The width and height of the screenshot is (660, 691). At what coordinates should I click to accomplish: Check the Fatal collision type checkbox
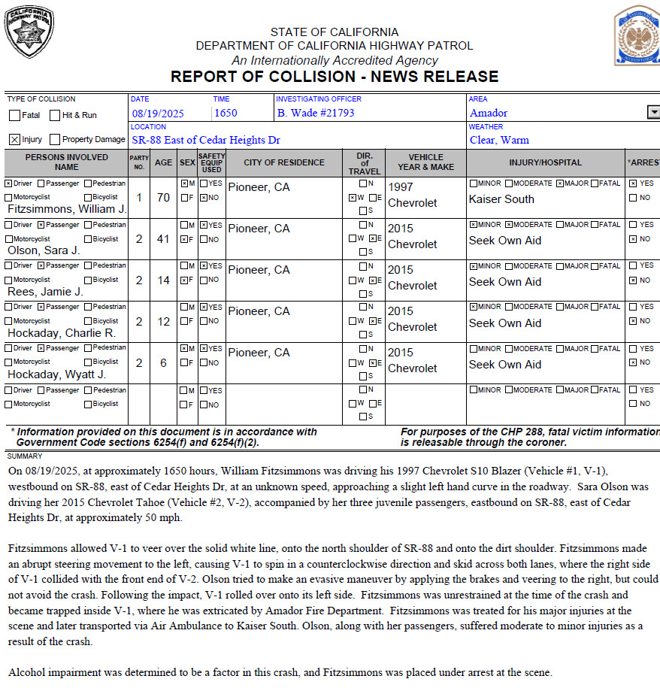(x=15, y=116)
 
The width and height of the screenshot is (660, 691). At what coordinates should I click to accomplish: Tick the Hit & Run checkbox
(x=55, y=116)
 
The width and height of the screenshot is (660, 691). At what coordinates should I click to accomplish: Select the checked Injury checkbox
(x=14, y=140)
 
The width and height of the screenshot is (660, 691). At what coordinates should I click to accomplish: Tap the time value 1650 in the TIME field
(x=226, y=114)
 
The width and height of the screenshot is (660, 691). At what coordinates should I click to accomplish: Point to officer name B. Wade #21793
(x=316, y=114)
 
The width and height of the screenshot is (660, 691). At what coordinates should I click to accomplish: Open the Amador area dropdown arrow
(x=652, y=113)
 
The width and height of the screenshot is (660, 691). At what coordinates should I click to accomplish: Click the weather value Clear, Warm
(x=499, y=140)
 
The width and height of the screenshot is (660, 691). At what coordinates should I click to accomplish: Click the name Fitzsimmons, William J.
(x=67, y=209)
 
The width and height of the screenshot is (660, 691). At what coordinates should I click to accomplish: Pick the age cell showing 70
(x=163, y=198)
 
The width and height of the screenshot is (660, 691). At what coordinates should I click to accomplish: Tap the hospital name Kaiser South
(x=501, y=199)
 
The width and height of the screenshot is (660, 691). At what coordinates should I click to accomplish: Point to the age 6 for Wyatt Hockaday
(x=163, y=363)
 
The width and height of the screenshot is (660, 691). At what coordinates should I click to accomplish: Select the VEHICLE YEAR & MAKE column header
(x=425, y=162)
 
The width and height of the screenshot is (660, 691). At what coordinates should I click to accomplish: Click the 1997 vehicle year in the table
(x=401, y=186)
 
